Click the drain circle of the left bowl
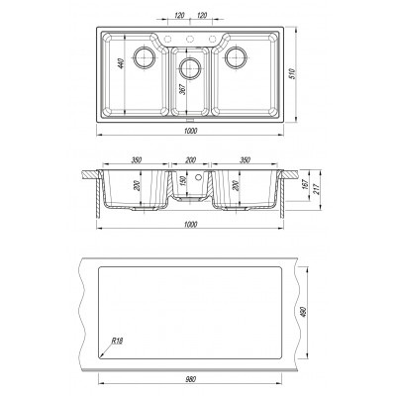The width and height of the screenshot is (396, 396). pos(145,57)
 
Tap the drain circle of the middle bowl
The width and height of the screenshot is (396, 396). pos(189,68)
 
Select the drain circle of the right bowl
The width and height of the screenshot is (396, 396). pos(236,57)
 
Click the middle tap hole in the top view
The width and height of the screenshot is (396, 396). pos(190,39)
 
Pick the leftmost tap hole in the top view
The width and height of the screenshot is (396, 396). pos(167,39)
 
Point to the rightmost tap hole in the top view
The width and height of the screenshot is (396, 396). pos(212,39)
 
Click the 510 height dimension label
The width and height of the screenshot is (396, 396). pos(291,73)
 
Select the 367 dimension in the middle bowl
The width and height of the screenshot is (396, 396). pos(182,89)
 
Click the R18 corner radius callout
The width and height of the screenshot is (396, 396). pos(117,342)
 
